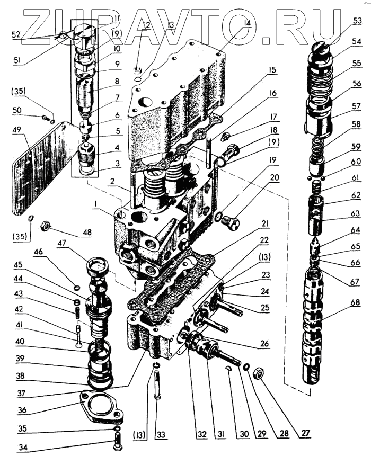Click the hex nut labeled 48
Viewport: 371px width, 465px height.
click(x=46, y=226)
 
